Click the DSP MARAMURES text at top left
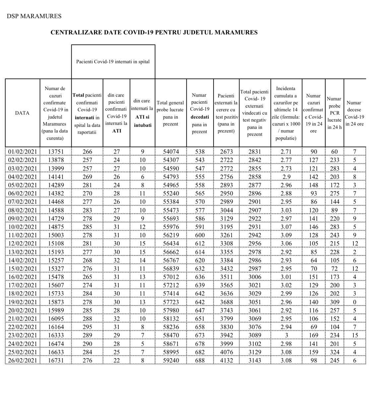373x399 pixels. tap(34, 16)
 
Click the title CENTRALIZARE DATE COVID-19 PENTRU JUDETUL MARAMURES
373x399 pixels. tap(154, 32)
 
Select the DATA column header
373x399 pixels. tap(22, 113)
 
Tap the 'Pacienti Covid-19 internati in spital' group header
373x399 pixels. tap(113, 62)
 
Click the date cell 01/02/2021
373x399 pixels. tap(22, 151)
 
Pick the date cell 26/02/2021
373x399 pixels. tap(22, 360)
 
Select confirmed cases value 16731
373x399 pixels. tap(55, 360)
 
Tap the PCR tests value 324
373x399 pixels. tap(334, 352)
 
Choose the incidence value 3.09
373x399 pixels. tap(286, 235)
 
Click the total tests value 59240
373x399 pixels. tap(171, 360)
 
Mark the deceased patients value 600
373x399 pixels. tap(200, 235)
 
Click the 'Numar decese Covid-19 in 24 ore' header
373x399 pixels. tap(354, 113)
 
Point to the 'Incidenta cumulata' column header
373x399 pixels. tap(286, 113)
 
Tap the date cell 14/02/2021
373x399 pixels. tap(22, 260)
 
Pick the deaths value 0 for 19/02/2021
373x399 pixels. tap(354, 302)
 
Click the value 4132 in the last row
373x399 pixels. tap(226, 360)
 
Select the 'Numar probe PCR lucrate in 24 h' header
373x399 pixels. tap(334, 113)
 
